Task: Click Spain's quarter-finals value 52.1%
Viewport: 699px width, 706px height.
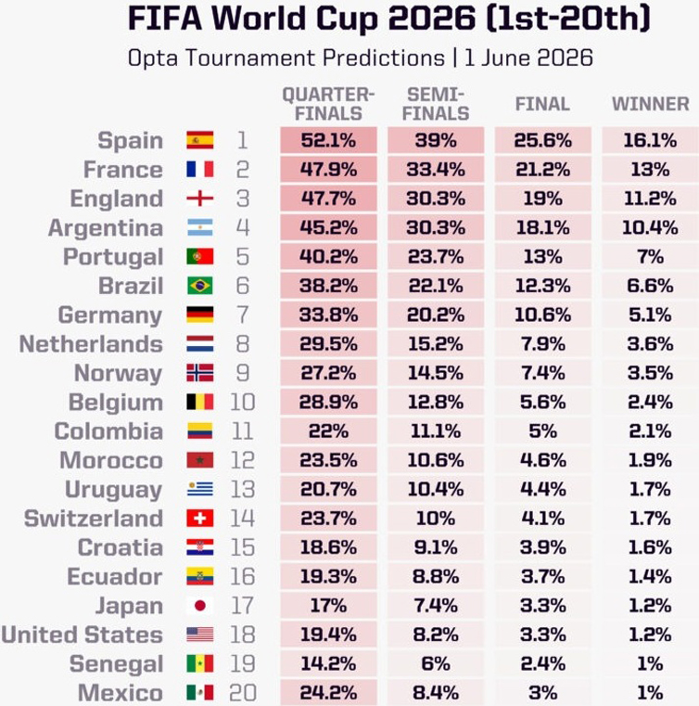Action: coord(328,140)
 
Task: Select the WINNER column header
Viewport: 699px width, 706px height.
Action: coord(651,104)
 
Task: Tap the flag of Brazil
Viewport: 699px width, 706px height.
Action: coord(200,286)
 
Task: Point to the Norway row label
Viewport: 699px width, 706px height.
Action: coord(118,373)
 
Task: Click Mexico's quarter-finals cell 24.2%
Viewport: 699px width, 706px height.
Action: coord(328,692)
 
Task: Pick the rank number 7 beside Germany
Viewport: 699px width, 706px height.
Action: coord(243,314)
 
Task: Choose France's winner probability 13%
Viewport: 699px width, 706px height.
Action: coord(650,170)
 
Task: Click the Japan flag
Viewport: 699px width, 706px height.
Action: coord(200,606)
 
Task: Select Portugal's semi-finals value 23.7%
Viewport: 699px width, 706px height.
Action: coord(436,257)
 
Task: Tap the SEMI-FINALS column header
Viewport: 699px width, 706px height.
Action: coord(436,104)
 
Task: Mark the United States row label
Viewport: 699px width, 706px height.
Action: coord(82,635)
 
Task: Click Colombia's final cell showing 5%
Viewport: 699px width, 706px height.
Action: coord(543,431)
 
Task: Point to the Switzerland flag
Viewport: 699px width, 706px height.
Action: coord(200,519)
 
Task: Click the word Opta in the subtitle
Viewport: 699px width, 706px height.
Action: coord(152,58)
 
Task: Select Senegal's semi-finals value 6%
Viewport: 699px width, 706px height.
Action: coord(436,663)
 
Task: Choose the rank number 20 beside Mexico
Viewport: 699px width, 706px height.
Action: coord(243,692)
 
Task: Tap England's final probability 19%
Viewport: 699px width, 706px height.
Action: coord(543,199)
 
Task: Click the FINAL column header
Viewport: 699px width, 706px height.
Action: coord(542,104)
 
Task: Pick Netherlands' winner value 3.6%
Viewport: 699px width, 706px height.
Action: coord(650,344)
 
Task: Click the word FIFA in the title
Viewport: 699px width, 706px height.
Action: coord(165,18)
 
